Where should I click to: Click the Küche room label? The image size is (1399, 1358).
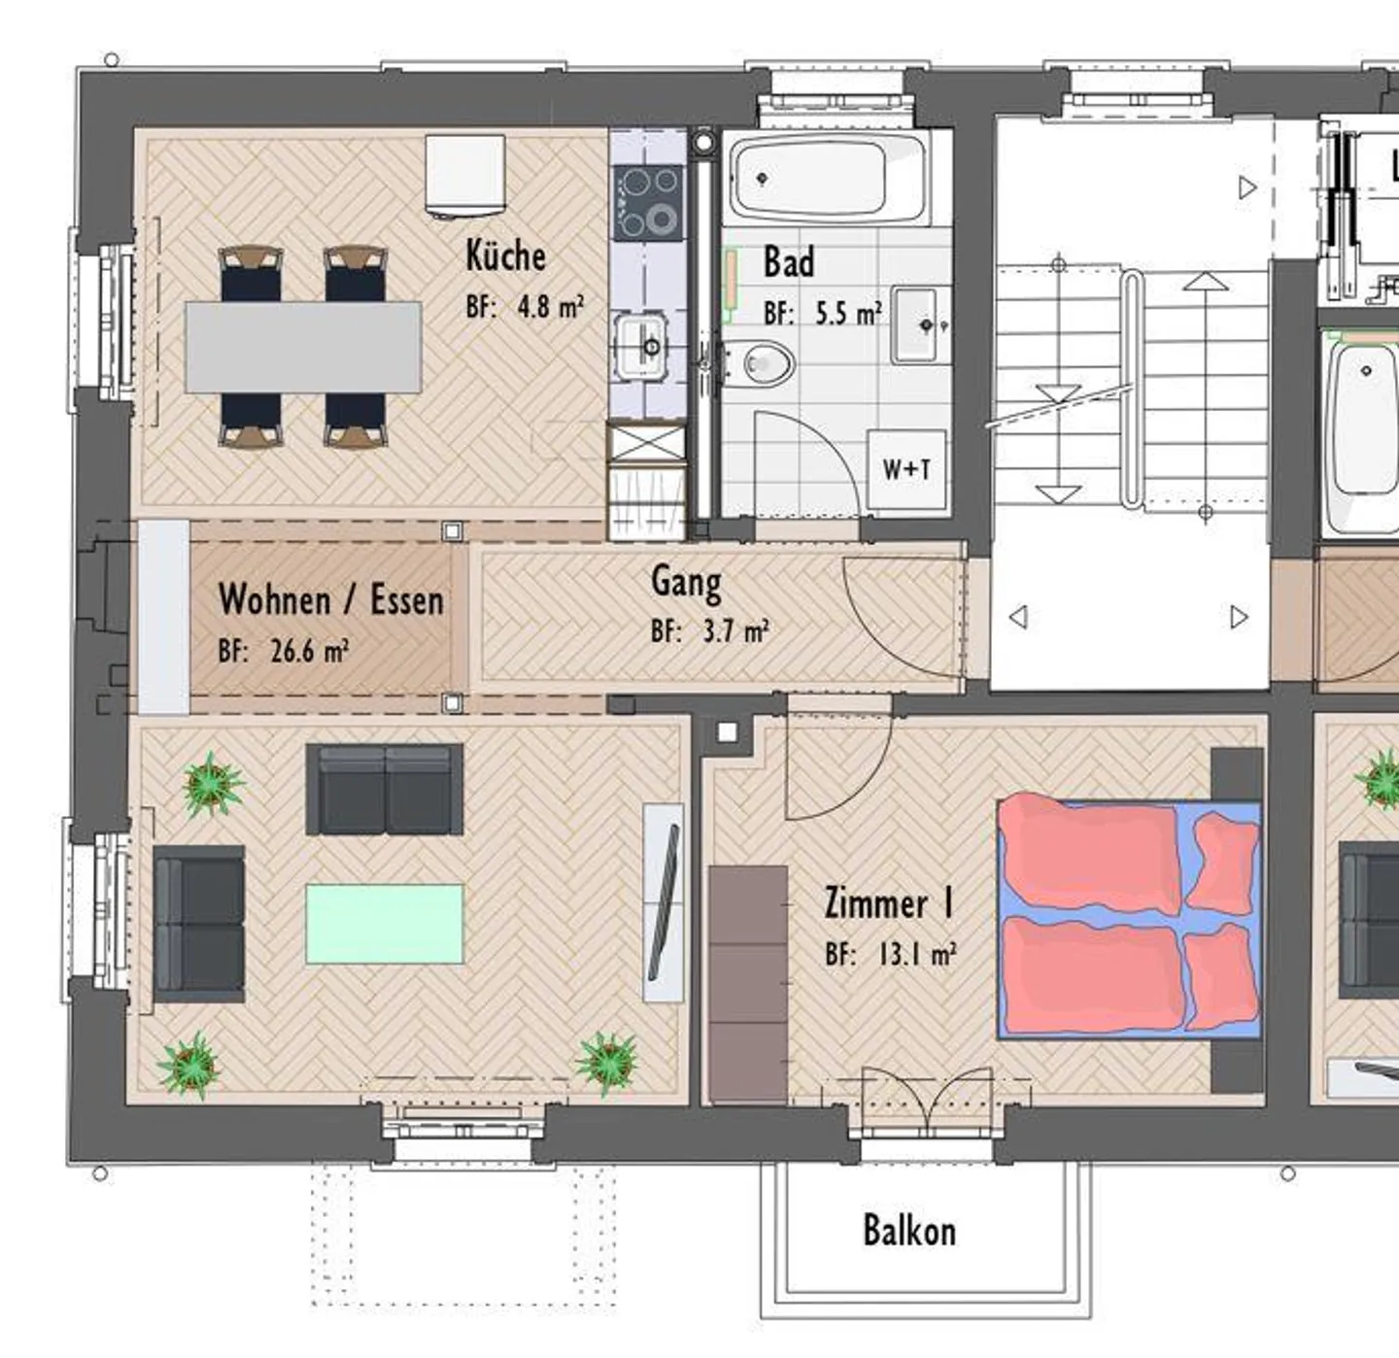point(505,255)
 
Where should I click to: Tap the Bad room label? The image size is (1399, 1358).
point(789,261)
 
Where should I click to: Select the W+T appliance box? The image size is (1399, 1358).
point(906,470)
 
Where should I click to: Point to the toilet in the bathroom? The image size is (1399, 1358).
point(762,361)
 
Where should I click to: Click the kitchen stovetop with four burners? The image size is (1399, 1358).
point(648,202)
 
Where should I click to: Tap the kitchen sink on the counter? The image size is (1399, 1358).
point(641,347)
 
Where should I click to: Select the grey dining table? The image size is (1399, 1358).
point(303,347)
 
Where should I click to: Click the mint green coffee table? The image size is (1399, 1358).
point(385,924)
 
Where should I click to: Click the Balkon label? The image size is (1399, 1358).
point(909,1230)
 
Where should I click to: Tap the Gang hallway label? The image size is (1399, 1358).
point(686,582)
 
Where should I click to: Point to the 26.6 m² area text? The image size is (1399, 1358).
point(310,652)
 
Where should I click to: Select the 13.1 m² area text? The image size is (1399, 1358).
point(916,955)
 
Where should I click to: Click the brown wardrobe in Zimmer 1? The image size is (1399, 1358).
point(748,985)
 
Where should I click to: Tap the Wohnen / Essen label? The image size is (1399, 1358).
point(330,599)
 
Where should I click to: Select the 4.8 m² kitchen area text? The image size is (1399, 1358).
point(551,307)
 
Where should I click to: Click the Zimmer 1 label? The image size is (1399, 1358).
point(889,903)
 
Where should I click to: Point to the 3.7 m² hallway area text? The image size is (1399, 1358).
point(736,631)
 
